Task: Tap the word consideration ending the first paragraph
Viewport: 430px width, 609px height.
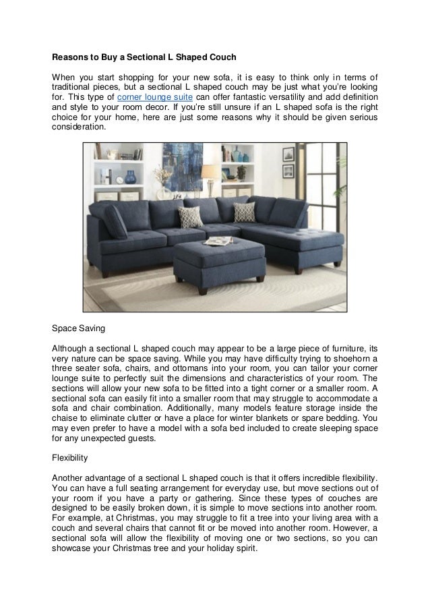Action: coord(79,126)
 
